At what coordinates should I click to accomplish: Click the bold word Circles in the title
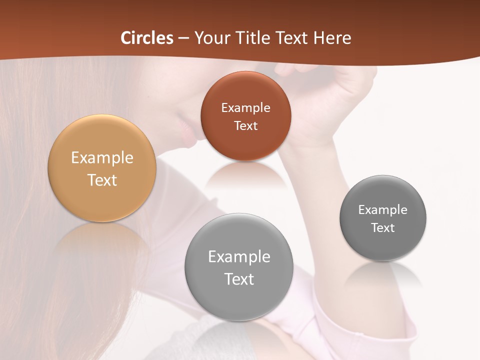pos(146,38)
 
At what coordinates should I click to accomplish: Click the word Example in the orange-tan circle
pos(102,158)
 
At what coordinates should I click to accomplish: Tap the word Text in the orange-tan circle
pos(102,180)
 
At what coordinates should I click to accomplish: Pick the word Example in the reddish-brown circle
pos(245,108)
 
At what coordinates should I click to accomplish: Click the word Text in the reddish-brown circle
pos(245,126)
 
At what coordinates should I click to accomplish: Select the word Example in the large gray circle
pos(239,257)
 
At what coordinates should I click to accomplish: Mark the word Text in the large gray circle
pos(239,279)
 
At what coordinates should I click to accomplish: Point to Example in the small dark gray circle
pos(383,210)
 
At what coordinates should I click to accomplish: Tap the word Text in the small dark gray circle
pos(383,228)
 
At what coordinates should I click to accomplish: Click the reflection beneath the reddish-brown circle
pos(245,175)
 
